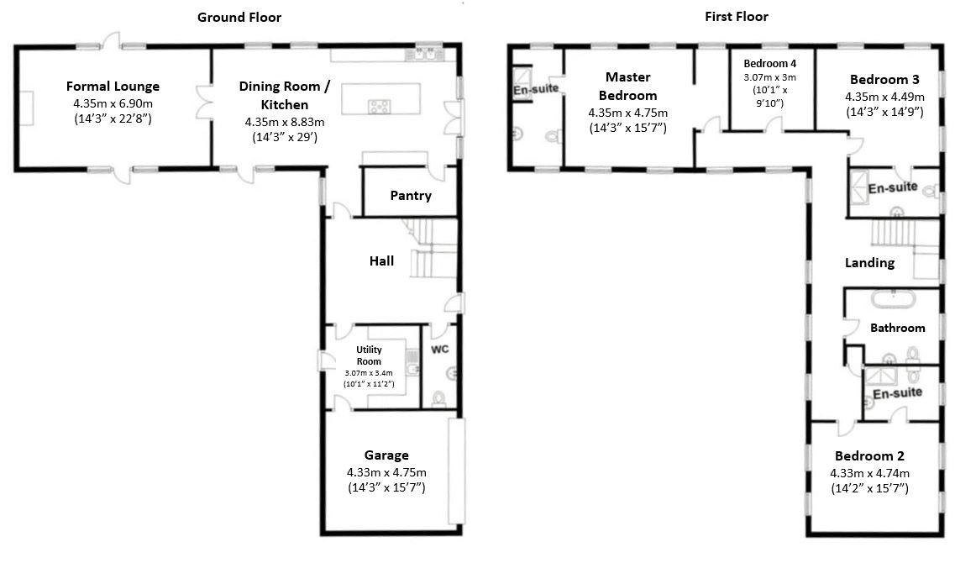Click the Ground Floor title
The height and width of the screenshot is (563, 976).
pyautogui.click(x=239, y=18)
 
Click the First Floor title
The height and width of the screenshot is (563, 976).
pyautogui.click(x=737, y=17)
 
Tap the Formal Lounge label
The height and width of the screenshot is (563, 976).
pyautogui.click(x=113, y=86)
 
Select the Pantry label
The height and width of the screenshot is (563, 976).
pyautogui.click(x=411, y=196)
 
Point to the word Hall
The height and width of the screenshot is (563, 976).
pyautogui.click(x=381, y=261)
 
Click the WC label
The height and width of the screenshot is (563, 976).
pyautogui.click(x=440, y=350)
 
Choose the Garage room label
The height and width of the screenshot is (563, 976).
pyautogui.click(x=386, y=455)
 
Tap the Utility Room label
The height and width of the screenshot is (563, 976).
pyautogui.click(x=369, y=355)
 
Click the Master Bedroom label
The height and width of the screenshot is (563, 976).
pyautogui.click(x=628, y=86)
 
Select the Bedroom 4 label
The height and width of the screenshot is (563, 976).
pyautogui.click(x=770, y=64)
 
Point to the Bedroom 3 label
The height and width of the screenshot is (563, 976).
pyautogui.click(x=884, y=80)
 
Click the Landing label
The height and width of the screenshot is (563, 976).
pyautogui.click(x=869, y=263)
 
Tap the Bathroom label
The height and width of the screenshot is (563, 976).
pyautogui.click(x=898, y=328)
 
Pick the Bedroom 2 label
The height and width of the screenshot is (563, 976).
pyautogui.click(x=869, y=456)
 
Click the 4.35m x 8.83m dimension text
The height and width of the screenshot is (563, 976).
pyautogui.click(x=285, y=122)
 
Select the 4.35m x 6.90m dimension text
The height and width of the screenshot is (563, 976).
pyautogui.click(x=113, y=103)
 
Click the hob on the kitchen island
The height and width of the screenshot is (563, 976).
pyautogui.click(x=380, y=107)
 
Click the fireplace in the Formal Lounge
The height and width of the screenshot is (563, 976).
pyautogui.click(x=25, y=108)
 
